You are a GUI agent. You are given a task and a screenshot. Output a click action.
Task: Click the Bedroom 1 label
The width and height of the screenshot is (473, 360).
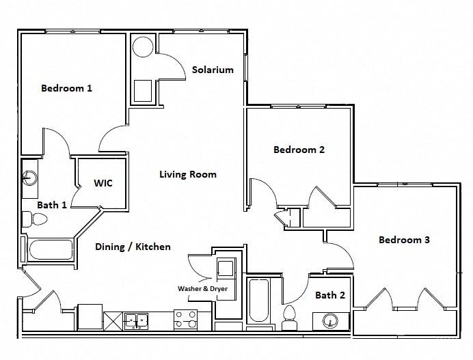click(66, 88)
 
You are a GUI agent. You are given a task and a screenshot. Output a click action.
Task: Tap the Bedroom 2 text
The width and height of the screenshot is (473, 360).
click(299, 150)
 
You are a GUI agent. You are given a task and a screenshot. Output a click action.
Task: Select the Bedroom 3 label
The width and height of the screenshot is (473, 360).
click(404, 240)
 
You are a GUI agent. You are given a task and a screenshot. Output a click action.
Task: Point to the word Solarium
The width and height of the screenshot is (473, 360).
click(213, 70)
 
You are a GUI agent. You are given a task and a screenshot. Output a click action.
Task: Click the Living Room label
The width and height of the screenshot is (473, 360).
click(188, 174)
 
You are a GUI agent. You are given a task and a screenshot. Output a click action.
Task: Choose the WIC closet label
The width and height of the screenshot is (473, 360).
click(103, 183)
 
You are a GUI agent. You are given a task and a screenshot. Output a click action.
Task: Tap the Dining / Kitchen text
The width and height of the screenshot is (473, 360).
click(133, 247)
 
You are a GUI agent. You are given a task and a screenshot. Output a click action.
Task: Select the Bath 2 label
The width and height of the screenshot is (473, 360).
click(331, 295)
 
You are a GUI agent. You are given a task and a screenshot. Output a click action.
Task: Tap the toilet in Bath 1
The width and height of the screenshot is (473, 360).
click(34, 219)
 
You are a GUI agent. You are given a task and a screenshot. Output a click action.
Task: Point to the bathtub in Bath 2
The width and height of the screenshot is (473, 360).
click(260, 301)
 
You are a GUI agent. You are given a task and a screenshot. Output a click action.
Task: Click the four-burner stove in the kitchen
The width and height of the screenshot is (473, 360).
click(186, 319)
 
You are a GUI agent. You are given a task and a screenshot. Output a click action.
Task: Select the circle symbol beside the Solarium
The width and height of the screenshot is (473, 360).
click(144, 47)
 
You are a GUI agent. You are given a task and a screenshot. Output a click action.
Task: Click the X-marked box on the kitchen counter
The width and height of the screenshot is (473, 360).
click(113, 320)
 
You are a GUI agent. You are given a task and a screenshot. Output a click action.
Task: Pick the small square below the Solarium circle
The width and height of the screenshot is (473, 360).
click(144, 89)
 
